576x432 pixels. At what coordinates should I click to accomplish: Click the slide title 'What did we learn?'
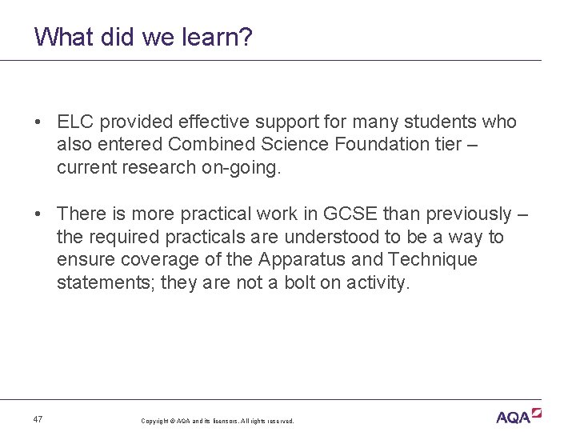click(144, 37)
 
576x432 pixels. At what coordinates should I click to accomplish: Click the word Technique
click(432, 259)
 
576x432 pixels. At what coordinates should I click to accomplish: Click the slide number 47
click(38, 419)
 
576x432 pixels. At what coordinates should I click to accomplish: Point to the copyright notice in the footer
click(217, 421)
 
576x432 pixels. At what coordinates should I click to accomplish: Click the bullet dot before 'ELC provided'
click(38, 122)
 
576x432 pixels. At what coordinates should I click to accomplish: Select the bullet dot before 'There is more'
click(38, 214)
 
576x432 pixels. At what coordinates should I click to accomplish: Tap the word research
click(160, 167)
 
